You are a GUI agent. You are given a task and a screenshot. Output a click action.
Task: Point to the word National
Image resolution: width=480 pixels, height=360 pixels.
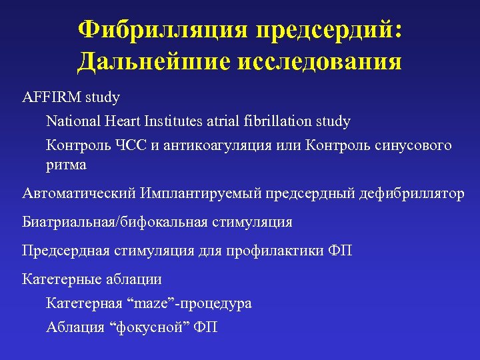pyautogui.click(x=73, y=121)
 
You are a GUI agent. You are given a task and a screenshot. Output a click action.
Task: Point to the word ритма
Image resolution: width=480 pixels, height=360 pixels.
pyautogui.click(x=66, y=164)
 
